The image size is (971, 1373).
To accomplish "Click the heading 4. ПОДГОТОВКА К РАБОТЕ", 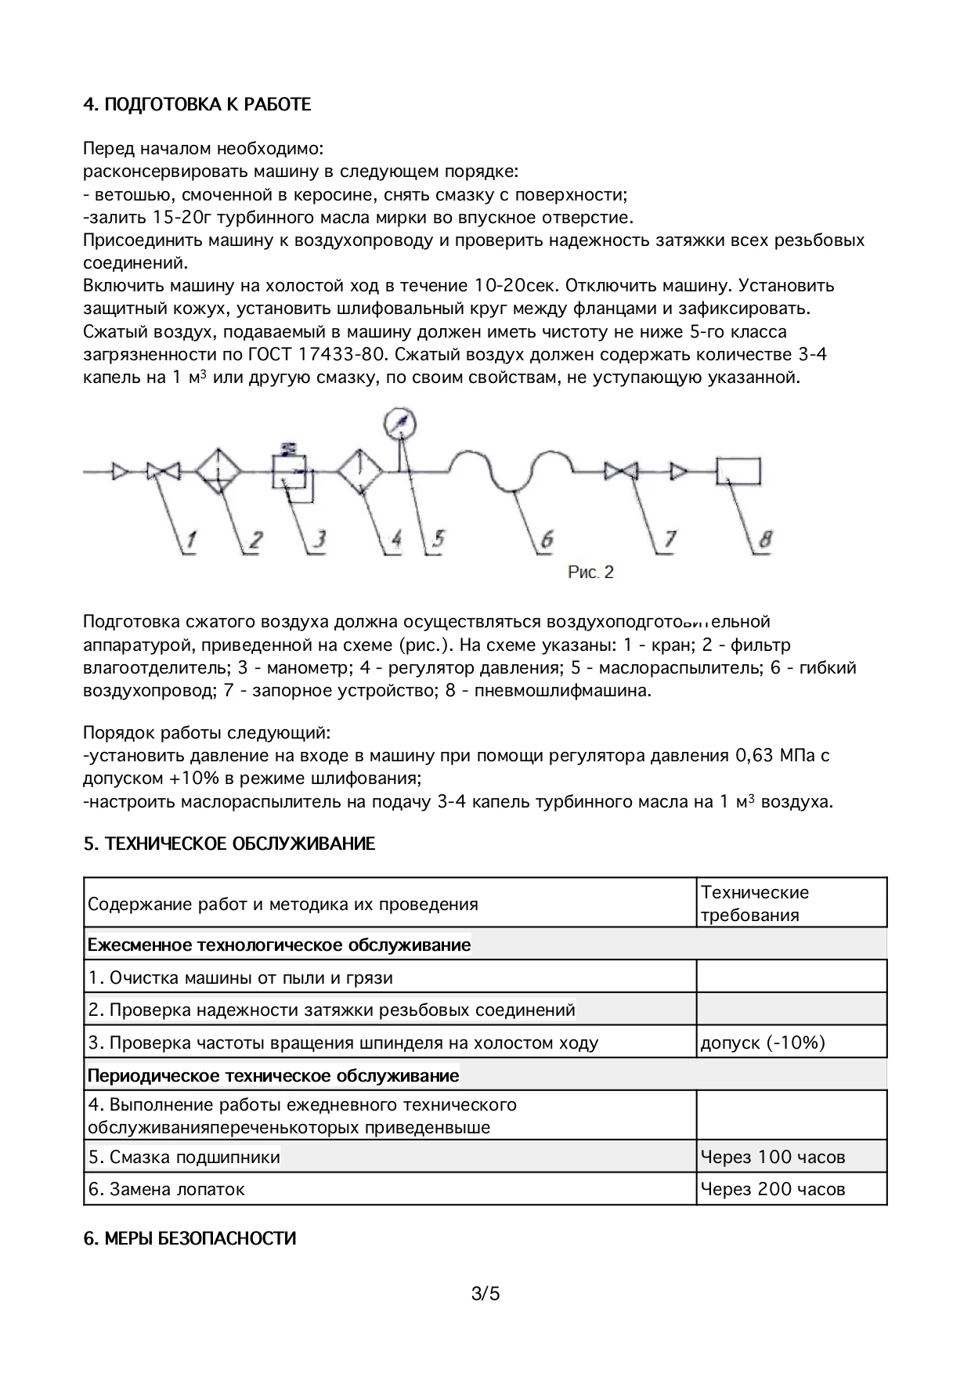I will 197,105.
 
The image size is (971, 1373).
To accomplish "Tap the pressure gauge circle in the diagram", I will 401,424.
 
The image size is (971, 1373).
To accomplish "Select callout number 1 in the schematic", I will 190,539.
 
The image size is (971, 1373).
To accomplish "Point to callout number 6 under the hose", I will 546,539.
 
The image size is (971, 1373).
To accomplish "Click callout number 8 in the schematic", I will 765,539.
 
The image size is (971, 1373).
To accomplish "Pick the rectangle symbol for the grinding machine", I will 738,471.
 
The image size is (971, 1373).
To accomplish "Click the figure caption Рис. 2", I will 590,573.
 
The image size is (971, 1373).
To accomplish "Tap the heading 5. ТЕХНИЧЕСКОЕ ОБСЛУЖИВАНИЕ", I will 229,844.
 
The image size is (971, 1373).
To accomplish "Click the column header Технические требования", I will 754,904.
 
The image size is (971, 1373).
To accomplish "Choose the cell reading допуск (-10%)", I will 763,1042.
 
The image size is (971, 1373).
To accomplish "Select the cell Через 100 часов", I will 773,1157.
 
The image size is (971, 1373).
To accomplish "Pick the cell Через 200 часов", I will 773,1189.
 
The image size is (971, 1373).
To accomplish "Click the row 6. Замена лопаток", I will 167,1189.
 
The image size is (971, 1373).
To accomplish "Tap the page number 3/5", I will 485,1293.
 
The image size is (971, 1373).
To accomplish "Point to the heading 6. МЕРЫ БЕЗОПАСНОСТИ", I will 190,1239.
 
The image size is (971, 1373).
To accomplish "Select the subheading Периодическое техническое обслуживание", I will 273,1075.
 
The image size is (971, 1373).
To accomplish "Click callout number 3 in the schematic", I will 319,539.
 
